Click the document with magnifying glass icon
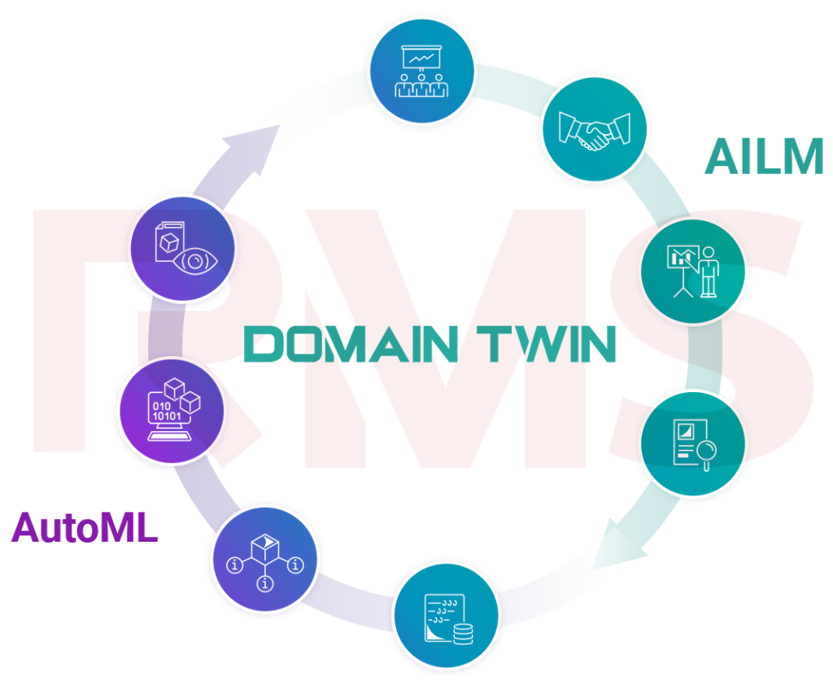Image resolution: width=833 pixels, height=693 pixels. (692, 444)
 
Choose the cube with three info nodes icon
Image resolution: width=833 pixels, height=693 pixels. (265, 560)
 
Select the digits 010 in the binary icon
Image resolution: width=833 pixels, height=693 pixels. (162, 406)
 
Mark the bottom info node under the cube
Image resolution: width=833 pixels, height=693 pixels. (265, 582)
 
